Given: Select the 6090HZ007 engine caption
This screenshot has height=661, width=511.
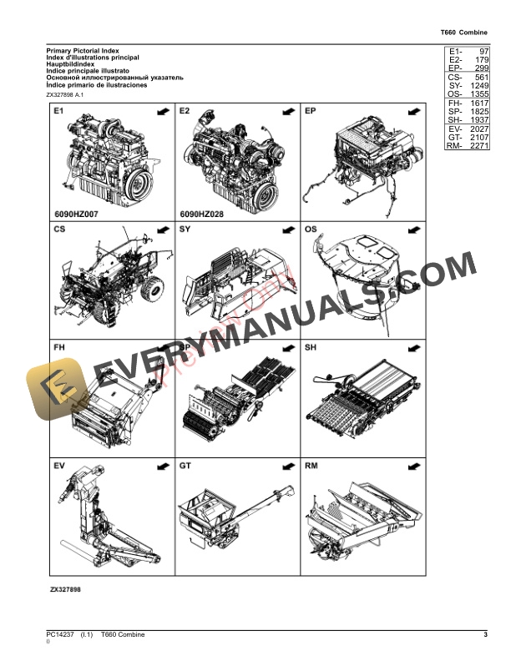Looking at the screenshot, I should coord(75,214).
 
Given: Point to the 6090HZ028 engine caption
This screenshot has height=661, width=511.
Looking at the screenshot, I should coord(201,214).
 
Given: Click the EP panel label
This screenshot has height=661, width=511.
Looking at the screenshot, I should coord(311,111).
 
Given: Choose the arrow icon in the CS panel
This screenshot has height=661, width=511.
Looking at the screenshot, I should coord(161,229).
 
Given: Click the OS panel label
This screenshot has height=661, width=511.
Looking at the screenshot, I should coord(311,229).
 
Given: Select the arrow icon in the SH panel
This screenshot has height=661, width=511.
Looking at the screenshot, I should coord(412,347).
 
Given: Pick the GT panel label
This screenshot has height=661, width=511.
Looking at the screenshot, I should coord(185,464).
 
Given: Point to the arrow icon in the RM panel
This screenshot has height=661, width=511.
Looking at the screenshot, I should coord(412,464).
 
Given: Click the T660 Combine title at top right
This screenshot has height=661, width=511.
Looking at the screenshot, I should coord(463,33).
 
